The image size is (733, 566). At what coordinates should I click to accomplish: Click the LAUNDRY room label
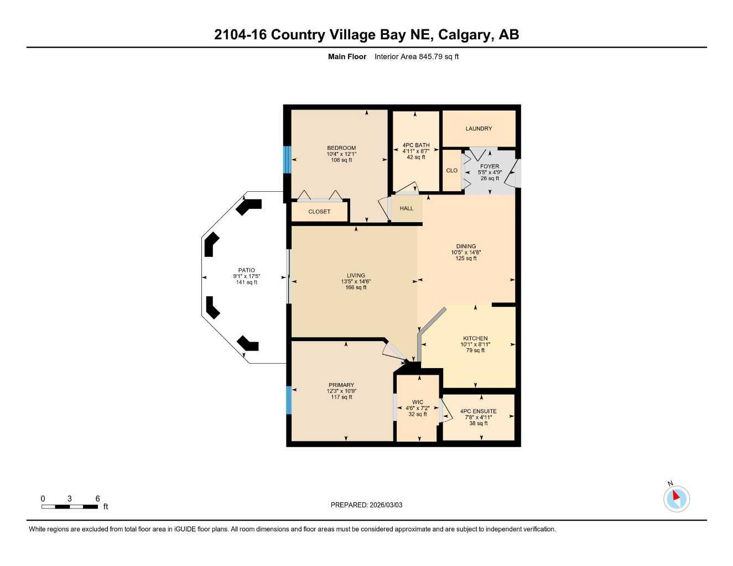[479, 128]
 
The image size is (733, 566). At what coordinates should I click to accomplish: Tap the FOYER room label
[490, 166]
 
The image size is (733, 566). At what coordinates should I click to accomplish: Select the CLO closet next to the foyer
[452, 170]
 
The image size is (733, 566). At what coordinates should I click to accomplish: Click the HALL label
[407, 208]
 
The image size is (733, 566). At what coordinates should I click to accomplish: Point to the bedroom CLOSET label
[319, 212]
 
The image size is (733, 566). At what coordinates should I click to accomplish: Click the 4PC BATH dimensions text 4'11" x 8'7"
[416, 151]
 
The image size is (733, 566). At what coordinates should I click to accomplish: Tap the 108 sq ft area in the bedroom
[341, 160]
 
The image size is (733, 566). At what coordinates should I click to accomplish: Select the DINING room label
[466, 247]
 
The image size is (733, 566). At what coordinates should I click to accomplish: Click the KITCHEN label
[475, 338]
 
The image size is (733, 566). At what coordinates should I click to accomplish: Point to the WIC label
[418, 402]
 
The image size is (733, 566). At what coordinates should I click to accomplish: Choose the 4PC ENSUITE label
[479, 411]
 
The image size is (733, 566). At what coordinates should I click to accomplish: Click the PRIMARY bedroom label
[341, 385]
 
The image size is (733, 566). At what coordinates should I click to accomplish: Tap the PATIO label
[247, 270]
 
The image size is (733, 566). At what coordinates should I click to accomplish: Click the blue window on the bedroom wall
[287, 159]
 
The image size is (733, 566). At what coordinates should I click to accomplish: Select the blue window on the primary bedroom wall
[288, 400]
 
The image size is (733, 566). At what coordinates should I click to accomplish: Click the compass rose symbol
[676, 499]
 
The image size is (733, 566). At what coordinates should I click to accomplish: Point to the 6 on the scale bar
[97, 499]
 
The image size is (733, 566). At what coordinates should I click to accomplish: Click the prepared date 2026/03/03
[386, 505]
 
